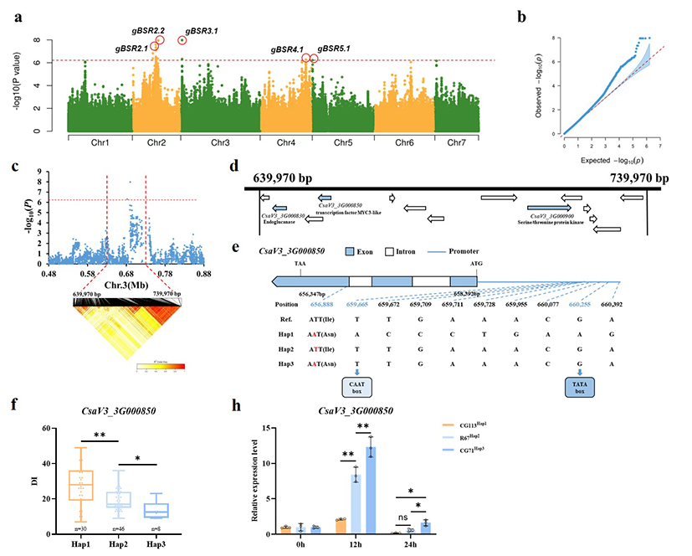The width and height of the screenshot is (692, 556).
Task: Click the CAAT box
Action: tap(356, 386)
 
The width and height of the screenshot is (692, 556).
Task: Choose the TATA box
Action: tap(580, 386)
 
